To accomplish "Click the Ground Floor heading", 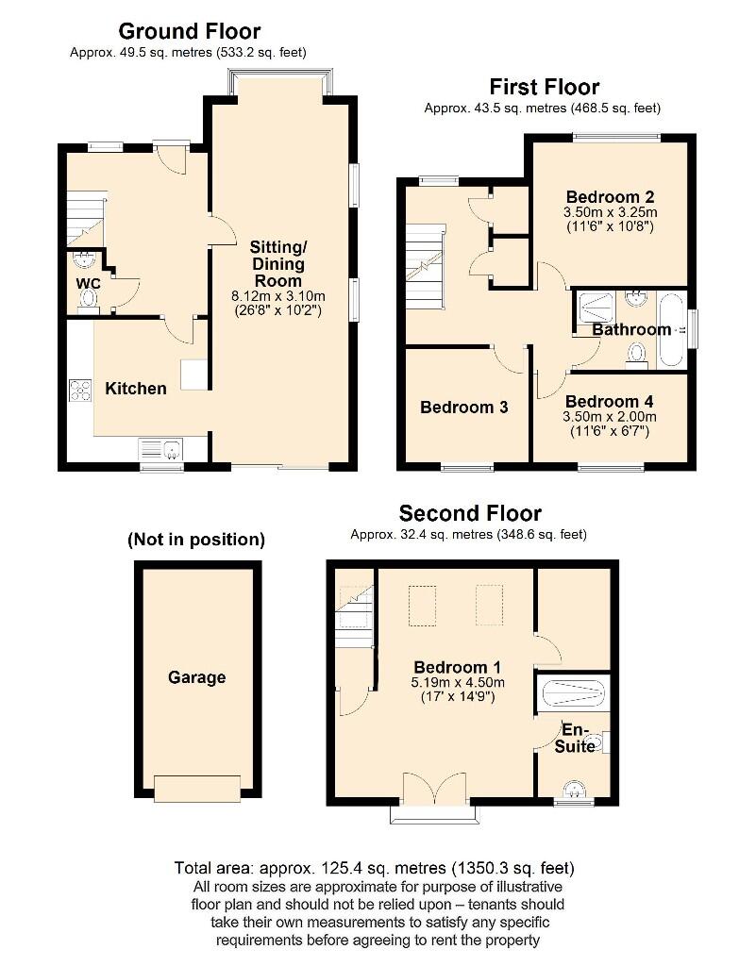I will [x=190, y=31].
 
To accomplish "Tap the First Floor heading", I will [x=544, y=87].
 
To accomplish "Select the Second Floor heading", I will [x=470, y=513].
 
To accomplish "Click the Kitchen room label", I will [x=136, y=388].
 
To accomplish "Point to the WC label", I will [x=89, y=282].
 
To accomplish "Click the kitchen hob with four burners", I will [x=80, y=390].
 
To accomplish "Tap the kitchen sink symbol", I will [x=161, y=449].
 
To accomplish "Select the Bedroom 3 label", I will [x=464, y=408].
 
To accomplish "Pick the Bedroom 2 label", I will [x=609, y=196].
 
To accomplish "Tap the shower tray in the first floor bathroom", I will [x=596, y=304].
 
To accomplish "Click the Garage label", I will [x=196, y=677].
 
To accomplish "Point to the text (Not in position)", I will [x=196, y=540].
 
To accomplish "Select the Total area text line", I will [x=375, y=868].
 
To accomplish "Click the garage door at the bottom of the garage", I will [x=196, y=788].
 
